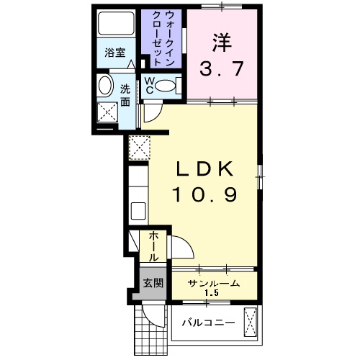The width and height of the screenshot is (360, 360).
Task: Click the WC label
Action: click(x=149, y=86)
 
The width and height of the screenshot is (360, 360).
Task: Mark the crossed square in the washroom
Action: click(x=109, y=112)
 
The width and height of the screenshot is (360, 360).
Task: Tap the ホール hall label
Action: click(x=153, y=247)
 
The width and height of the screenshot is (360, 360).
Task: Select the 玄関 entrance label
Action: click(x=151, y=282)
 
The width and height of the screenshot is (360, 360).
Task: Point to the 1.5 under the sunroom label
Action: click(x=212, y=293)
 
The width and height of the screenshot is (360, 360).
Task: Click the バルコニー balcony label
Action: click(x=208, y=321)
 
